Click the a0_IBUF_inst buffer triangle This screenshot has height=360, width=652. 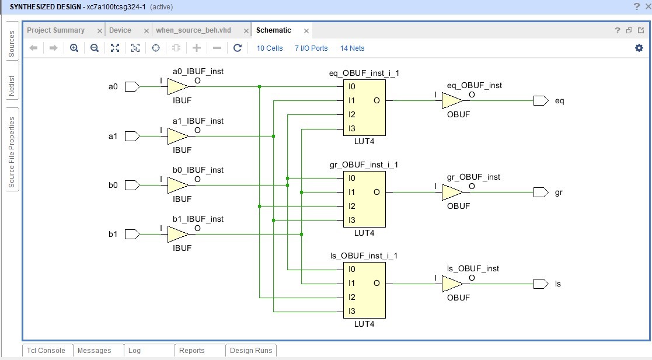pos(177,87)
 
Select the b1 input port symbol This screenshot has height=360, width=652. pos(132,234)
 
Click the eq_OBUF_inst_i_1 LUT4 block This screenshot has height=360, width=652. pos(364,107)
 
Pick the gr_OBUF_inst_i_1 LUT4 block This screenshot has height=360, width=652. pos(364,199)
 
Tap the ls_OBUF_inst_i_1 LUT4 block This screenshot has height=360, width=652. pos(364,290)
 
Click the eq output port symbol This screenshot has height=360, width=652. pos(541,101)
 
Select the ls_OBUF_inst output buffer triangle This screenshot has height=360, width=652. pos(451,284)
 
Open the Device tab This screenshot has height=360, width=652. pos(120,30)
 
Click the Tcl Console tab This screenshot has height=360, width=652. pos(47,351)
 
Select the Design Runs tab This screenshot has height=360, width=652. pos(250,351)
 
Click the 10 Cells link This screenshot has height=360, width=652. pos(270,48)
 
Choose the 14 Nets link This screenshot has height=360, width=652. pos(352,48)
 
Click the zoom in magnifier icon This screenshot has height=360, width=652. pos(74,48)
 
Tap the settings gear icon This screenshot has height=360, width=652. pos(639,48)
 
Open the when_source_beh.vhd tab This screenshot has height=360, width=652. pos(193,30)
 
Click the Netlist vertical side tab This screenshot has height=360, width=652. pos(11,86)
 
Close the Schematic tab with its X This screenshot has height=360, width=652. pos(306,31)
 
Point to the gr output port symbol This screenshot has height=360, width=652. pos(541,192)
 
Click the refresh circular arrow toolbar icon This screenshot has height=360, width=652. pos(237,48)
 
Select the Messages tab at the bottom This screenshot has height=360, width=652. pos(94,351)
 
